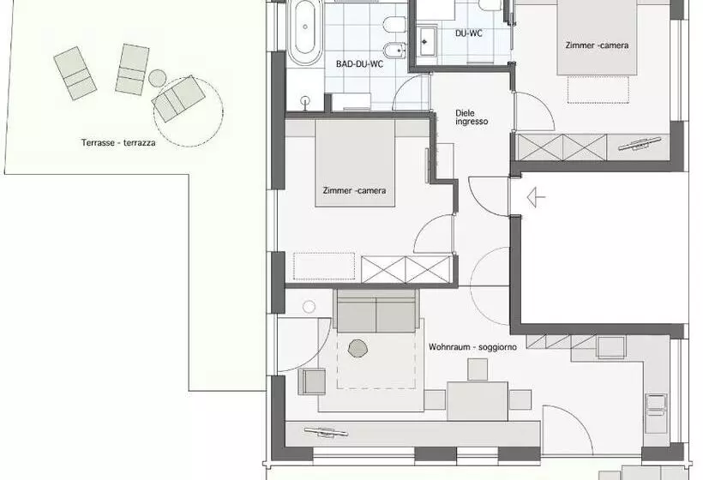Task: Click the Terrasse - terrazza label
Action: click(118, 143)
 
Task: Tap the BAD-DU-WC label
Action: click(359, 64)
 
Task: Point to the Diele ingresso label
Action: click(472, 117)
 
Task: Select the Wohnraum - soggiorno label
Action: click(472, 347)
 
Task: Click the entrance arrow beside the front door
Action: click(536, 197)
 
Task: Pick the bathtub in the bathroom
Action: click(305, 33)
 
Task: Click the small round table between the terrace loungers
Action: click(158, 78)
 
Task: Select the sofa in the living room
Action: click(376, 310)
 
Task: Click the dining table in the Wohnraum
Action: click(478, 400)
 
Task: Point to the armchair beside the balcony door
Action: click(312, 381)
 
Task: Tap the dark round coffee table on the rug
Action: click(358, 348)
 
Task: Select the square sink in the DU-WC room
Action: click(427, 42)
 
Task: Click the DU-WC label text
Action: click(468, 33)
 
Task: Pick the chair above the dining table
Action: click(478, 369)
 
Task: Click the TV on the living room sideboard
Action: click(326, 433)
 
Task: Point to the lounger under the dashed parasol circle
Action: click(178, 99)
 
